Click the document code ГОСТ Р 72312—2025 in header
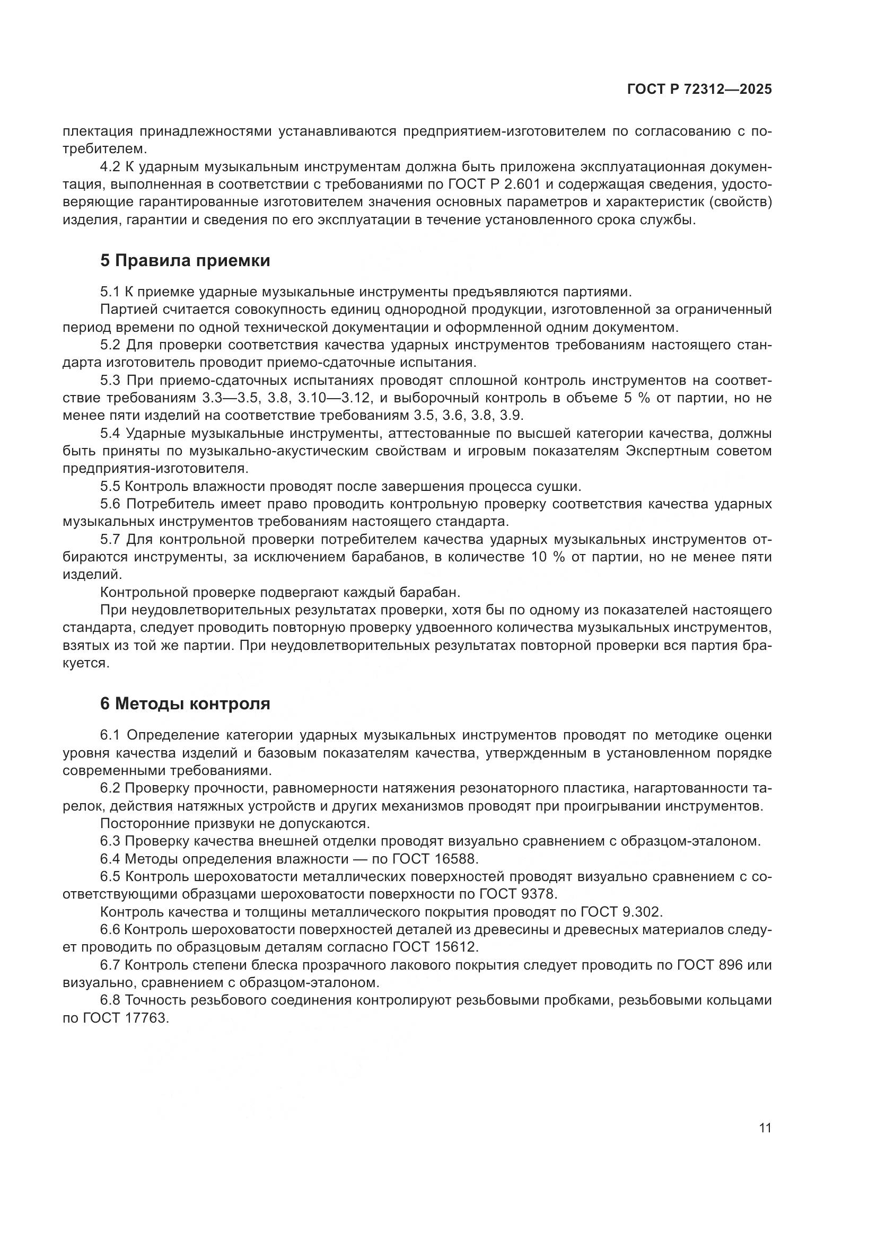click(x=699, y=90)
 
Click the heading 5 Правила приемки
click(x=185, y=261)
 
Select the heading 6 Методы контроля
click(x=185, y=704)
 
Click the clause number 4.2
click(x=111, y=167)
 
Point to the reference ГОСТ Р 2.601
click(x=494, y=184)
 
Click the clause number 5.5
click(x=111, y=486)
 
